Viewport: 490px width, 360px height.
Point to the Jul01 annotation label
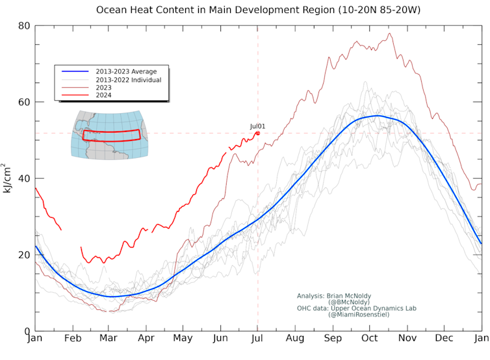258,126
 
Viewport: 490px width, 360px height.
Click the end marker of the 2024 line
258,133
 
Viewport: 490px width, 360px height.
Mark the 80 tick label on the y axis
25,26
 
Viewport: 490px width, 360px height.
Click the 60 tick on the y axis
25,102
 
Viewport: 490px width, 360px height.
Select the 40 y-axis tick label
25,178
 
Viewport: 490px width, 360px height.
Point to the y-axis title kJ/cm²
8,178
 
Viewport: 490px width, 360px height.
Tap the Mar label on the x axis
109,339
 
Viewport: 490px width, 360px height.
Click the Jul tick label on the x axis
258,339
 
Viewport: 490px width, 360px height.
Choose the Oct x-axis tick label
370,339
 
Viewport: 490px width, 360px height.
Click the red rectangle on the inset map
112,135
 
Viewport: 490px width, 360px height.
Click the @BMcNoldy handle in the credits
350,302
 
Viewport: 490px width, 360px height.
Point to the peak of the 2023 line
389,33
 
